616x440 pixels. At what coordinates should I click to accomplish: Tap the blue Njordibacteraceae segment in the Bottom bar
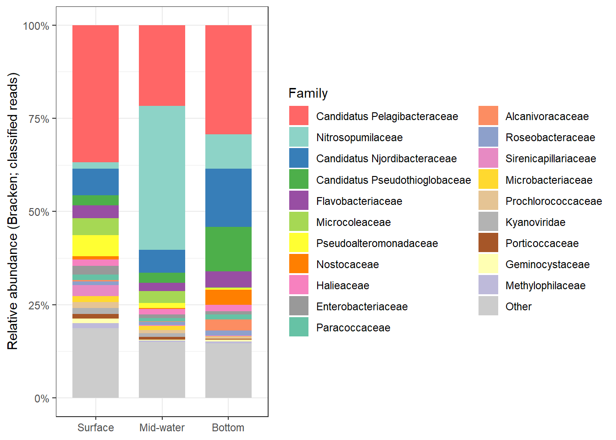[x=228, y=198]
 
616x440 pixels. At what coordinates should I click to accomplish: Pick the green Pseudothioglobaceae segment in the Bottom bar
[x=228, y=249]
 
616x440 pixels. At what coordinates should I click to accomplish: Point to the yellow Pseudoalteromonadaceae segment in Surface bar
[x=95, y=246]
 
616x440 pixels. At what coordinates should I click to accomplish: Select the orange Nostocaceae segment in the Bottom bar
[x=228, y=297]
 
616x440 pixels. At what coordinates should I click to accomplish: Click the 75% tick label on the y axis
[x=39, y=119]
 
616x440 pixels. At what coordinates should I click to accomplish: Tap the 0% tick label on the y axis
[x=42, y=399]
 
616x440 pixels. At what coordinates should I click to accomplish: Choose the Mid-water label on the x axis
[x=162, y=428]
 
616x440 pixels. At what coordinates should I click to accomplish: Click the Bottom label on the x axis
[x=228, y=428]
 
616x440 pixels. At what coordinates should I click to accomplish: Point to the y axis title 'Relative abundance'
[x=13, y=211]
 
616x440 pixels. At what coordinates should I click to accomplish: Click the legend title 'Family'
[x=308, y=93]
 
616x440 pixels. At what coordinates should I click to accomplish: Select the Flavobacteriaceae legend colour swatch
[x=299, y=201]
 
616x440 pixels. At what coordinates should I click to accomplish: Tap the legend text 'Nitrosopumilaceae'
[x=359, y=137]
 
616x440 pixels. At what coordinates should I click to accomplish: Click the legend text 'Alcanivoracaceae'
[x=547, y=116]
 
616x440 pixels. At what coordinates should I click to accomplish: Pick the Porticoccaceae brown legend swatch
[x=488, y=243]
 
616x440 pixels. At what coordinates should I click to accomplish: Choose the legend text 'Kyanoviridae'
[x=535, y=222]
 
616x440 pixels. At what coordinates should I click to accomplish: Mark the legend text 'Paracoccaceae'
[x=353, y=328]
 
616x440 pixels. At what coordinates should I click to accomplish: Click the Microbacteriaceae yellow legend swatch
[x=488, y=180]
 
